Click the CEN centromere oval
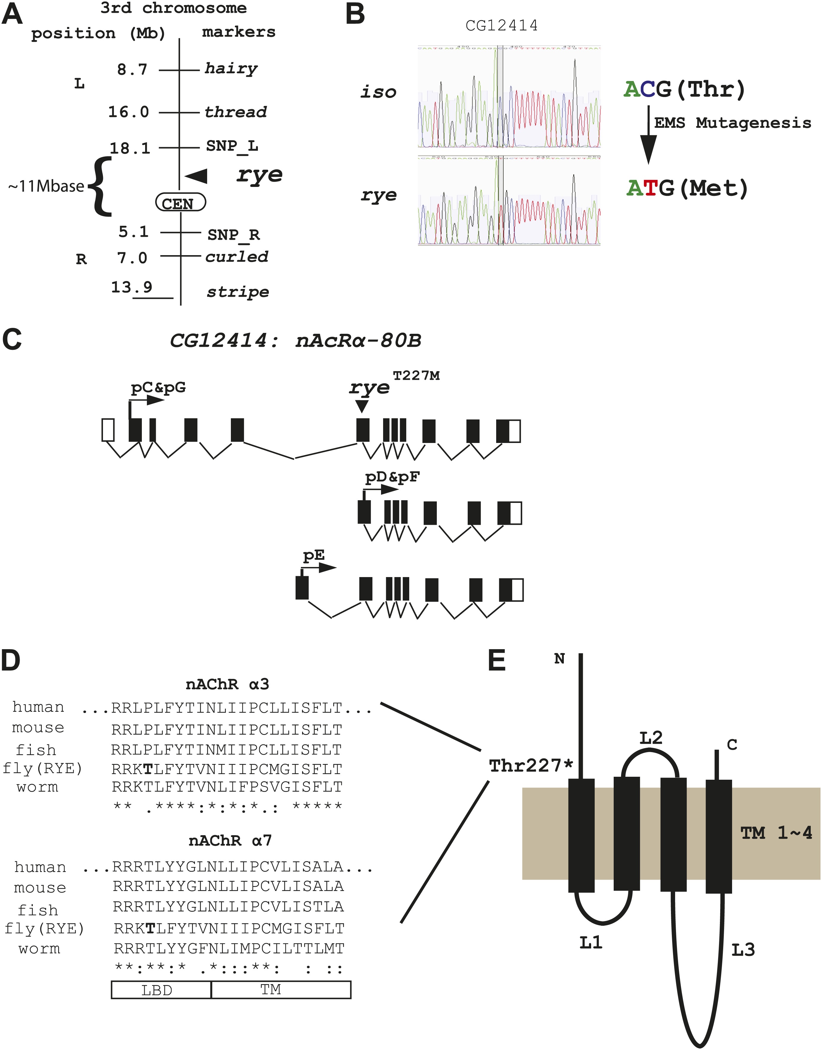pyautogui.click(x=180, y=203)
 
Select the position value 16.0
pyautogui.click(x=128, y=112)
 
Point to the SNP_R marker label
pyautogui.click(x=234, y=234)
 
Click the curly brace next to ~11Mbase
pyautogui.click(x=100, y=186)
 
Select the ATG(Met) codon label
pyautogui.click(x=687, y=188)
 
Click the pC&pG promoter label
pyautogui.click(x=158, y=387)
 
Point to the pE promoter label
pyautogui.click(x=313, y=555)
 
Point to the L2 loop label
pyautogui.click(x=651, y=737)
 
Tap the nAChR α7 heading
pyautogui.click(x=230, y=841)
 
